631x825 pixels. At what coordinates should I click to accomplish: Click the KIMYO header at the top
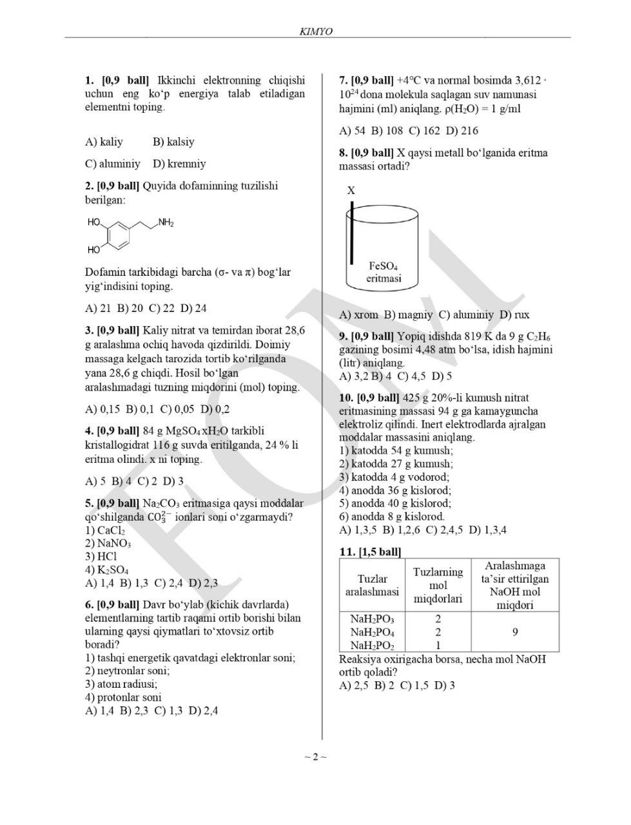tap(316, 31)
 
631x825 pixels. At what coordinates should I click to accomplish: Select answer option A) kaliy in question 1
tap(104, 142)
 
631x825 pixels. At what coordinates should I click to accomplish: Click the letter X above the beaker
tap(351, 191)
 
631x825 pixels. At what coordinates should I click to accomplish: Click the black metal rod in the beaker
tap(352, 232)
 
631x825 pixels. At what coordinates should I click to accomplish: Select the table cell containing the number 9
tap(515, 632)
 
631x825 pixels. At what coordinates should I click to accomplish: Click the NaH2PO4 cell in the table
tap(373, 632)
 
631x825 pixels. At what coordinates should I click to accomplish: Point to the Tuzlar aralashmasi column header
tap(373, 585)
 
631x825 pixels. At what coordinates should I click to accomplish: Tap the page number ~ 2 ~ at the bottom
tap(315, 757)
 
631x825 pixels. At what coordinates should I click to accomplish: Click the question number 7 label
tap(344, 81)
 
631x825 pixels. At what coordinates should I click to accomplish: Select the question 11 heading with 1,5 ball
tap(370, 552)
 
